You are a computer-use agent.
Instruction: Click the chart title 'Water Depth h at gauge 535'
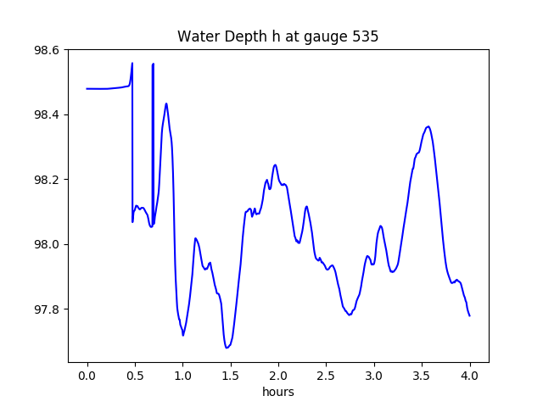pos(277,37)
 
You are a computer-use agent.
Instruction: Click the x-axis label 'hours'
pos(278,392)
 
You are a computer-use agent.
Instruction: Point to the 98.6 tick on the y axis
pos(47,50)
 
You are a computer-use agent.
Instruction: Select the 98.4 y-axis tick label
pos(47,114)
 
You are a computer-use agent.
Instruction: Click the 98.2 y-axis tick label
pos(47,180)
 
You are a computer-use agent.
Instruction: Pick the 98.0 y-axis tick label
pos(47,244)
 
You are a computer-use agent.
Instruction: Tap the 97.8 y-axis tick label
pos(47,309)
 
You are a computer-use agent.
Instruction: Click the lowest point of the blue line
pos(227,348)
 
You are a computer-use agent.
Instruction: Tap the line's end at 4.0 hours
pos(469,315)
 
